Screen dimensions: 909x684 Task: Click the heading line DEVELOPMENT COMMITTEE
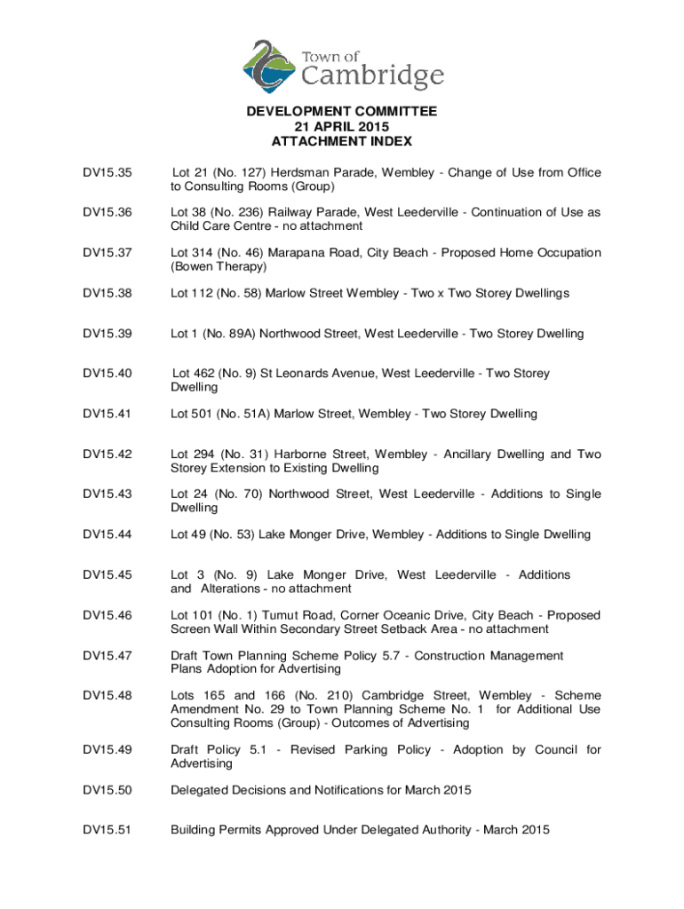[x=342, y=112]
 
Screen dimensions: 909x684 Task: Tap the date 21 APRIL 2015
[x=342, y=127]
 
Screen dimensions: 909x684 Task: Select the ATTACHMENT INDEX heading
[x=342, y=142]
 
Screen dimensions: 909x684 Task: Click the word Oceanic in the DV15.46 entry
[x=410, y=615]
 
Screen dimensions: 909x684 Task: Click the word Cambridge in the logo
[x=374, y=75]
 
